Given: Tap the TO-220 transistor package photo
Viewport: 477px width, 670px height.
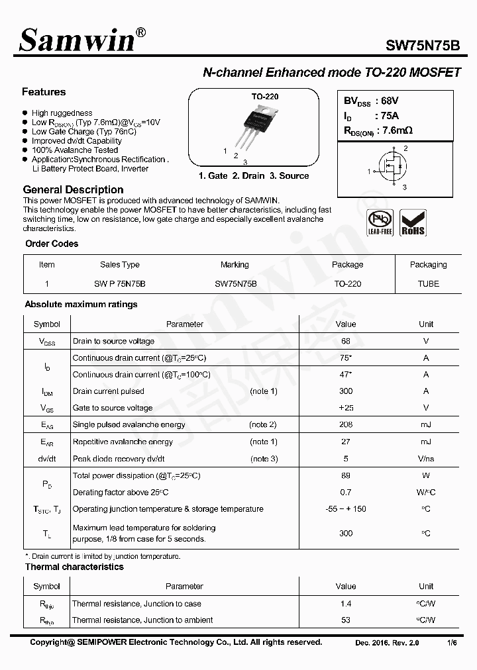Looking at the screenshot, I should tap(264, 125).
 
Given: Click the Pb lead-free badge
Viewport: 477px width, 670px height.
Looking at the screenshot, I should tap(380, 222).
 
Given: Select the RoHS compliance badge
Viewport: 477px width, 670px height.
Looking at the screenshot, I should tap(413, 222).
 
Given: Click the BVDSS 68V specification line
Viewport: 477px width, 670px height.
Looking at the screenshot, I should tap(371, 101).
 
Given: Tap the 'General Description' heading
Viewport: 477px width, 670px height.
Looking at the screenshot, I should tap(73, 189).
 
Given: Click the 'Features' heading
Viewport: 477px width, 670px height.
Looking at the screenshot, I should tap(44, 92).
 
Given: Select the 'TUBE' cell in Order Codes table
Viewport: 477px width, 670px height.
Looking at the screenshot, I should tap(428, 283).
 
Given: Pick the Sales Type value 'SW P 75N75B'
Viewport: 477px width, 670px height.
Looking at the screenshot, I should tap(119, 283).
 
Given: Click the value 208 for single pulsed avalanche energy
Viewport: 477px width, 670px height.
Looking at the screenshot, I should tap(346, 424).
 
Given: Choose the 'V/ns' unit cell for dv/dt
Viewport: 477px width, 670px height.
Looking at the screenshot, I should tap(426, 459).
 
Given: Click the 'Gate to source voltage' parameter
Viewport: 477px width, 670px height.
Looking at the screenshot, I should tap(112, 408).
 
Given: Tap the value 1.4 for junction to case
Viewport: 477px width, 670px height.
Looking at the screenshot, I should tap(346, 604).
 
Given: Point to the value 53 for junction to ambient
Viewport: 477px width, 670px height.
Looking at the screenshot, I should tap(346, 620).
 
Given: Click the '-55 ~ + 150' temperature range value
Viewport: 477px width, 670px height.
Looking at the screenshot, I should tap(346, 509).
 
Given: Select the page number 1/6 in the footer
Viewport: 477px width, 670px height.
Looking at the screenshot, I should tap(452, 643).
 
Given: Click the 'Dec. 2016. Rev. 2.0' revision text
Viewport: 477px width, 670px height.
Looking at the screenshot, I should tap(387, 643).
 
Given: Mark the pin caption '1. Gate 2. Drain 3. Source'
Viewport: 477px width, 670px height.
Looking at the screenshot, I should tap(254, 175).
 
